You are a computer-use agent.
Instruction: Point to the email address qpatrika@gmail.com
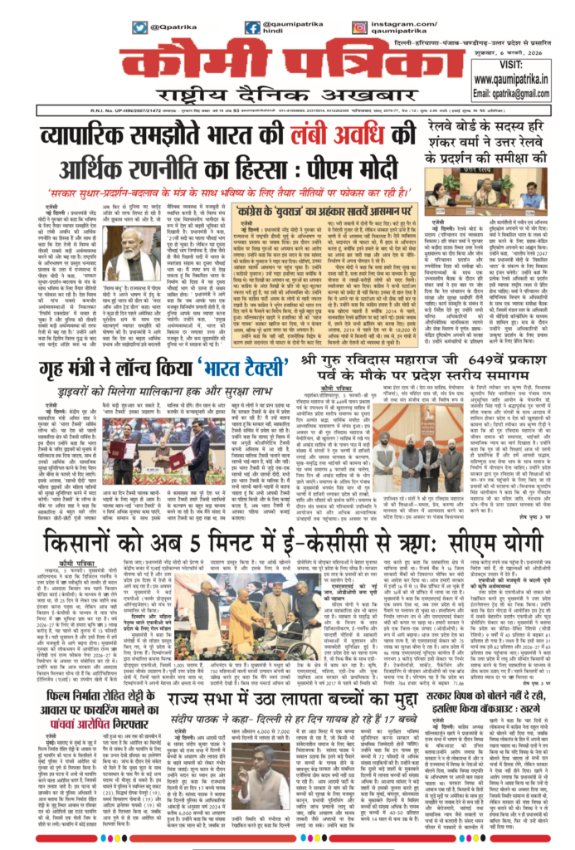tap(519, 94)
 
